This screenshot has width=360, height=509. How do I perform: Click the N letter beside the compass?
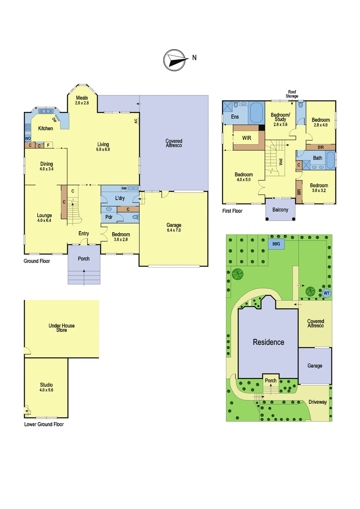194,58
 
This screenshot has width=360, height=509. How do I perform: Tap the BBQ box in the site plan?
276,244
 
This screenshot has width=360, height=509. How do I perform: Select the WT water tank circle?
326,293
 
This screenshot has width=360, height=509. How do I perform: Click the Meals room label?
82,98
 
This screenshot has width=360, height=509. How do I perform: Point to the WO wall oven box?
28,138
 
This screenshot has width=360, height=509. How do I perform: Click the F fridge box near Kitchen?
48,145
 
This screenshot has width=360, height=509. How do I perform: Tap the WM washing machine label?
124,188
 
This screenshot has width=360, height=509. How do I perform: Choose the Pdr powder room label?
109,217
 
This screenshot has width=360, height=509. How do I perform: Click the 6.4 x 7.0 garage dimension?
174,230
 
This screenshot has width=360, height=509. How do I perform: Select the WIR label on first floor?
247,138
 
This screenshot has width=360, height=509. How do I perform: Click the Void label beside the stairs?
281,162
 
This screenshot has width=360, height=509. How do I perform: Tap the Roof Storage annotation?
292,94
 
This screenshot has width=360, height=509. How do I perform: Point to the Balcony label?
280,210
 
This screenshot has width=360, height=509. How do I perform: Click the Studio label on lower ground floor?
46,385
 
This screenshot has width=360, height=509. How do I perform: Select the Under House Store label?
62,327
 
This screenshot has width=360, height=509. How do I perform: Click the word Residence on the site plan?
269,342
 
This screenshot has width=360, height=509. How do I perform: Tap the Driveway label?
318,402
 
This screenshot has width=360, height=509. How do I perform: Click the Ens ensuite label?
235,117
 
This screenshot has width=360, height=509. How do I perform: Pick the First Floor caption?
232,211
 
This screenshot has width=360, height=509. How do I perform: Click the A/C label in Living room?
136,121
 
